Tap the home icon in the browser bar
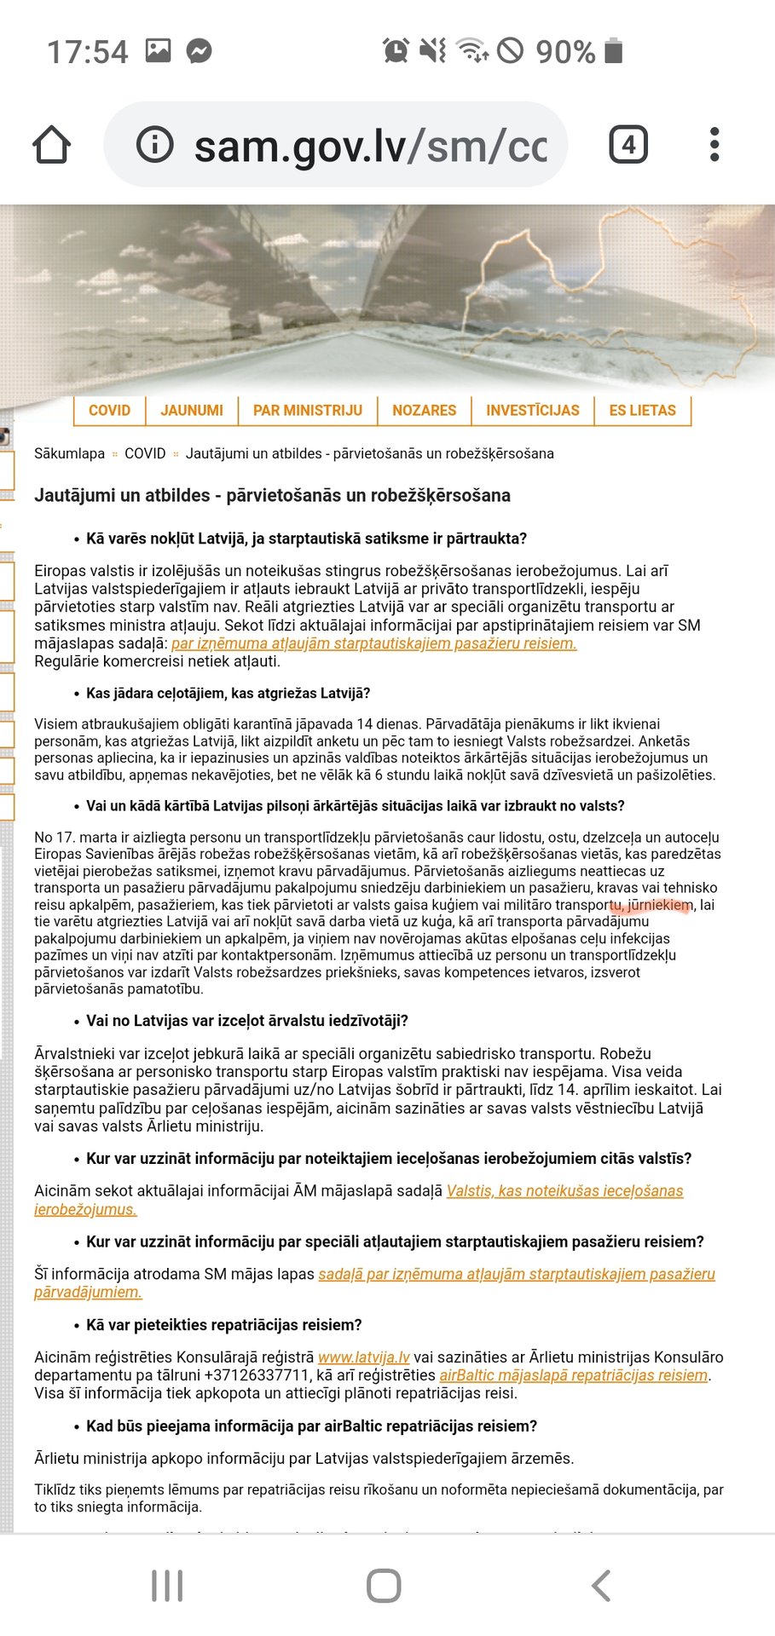(x=52, y=145)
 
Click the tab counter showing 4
(x=628, y=145)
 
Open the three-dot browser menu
(x=714, y=145)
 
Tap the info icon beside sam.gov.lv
(x=155, y=145)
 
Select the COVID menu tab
(x=109, y=411)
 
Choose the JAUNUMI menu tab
(x=192, y=411)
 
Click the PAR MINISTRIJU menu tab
(x=308, y=411)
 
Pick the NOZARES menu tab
(x=424, y=411)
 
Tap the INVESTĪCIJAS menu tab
(x=533, y=411)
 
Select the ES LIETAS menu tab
(x=642, y=411)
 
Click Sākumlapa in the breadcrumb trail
(x=69, y=453)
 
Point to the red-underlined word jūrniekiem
(x=660, y=905)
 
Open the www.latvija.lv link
(x=364, y=1357)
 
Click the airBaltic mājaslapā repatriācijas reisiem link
(x=573, y=1375)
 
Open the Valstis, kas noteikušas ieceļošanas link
(x=564, y=1191)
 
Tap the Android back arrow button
(x=601, y=1586)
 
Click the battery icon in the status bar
(x=613, y=51)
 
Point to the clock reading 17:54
(x=87, y=52)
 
